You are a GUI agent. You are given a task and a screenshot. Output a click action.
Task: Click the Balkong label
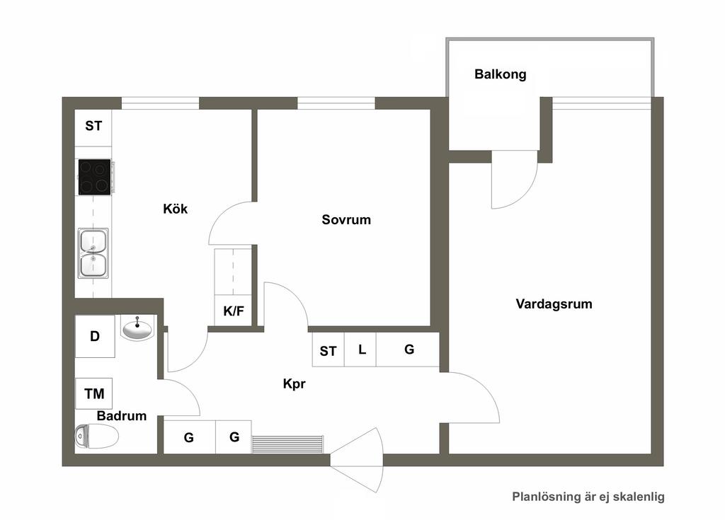tap(501, 74)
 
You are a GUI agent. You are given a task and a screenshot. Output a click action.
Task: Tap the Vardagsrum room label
tap(554, 304)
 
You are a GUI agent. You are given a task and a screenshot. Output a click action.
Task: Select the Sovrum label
tap(346, 219)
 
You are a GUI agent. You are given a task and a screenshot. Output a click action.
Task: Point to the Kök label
tap(176, 209)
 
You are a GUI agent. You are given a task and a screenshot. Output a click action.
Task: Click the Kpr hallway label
tap(294, 383)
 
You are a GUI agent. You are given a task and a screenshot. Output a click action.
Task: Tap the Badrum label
tap(122, 416)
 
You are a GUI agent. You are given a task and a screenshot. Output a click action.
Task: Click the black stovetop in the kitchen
tap(95, 177)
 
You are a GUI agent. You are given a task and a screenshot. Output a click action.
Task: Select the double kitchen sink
tap(93, 253)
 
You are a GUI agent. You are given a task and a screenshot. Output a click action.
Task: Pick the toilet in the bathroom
tap(96, 437)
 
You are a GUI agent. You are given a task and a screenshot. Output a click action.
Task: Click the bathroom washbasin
tap(137, 329)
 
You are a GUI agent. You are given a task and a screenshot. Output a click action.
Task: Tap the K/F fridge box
tap(234, 311)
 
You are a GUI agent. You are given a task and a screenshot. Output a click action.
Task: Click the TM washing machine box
tap(94, 393)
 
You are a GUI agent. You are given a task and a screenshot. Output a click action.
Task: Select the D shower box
tap(95, 336)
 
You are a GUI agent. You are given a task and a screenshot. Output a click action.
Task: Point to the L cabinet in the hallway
tap(360, 349)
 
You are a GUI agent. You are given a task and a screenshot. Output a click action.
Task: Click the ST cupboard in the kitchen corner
tap(93, 126)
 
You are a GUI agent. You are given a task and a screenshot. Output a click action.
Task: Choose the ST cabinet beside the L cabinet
tap(329, 350)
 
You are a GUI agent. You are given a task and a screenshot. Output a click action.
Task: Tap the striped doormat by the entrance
tap(287, 444)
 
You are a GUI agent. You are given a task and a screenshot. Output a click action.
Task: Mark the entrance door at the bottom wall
tap(357, 460)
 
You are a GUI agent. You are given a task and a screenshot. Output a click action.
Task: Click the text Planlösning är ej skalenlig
tap(588, 497)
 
